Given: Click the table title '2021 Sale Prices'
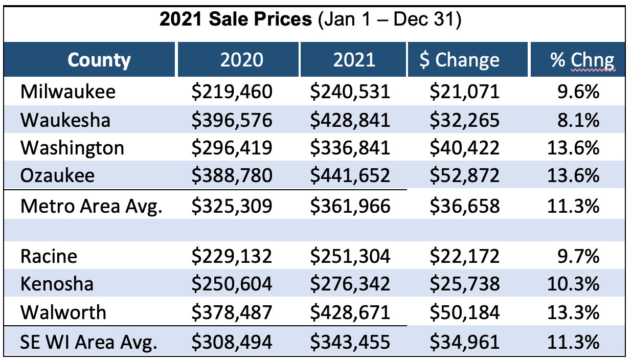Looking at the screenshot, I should coord(235,20).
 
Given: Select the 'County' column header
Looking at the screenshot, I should coord(99,60).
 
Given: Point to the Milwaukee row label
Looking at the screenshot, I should coord(68,92).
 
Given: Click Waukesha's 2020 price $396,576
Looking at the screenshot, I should coord(232,120).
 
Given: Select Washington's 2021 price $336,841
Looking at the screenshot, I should coord(350,148).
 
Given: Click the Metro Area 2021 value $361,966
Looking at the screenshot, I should coord(350,207).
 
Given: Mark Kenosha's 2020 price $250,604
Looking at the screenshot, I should coord(232,284).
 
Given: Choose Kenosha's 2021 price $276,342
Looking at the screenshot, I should coord(350,284).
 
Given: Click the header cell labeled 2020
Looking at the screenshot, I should coord(241,60).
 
